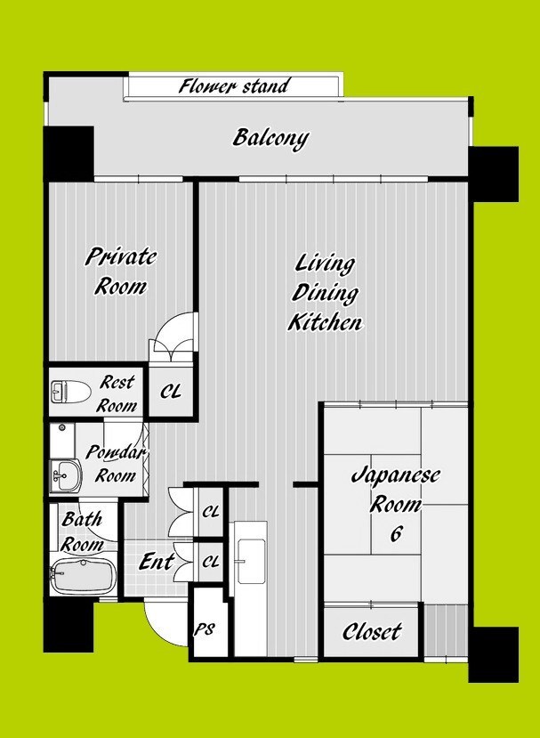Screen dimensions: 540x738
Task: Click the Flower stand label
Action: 233,86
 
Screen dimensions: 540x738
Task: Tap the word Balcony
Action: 271,138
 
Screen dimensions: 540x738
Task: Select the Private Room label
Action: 121,272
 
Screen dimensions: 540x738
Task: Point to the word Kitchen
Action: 325,323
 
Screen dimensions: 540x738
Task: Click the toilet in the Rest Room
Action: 70,392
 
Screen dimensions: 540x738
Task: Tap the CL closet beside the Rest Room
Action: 171,391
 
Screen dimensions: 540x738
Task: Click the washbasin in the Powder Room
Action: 65,476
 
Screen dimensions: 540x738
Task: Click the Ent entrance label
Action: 157,562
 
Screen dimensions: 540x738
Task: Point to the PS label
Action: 206,629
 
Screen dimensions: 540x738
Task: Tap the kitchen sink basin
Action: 251,561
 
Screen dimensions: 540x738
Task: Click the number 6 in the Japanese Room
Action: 396,534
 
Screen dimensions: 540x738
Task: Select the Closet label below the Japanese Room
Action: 372,632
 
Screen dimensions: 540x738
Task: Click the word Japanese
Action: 396,474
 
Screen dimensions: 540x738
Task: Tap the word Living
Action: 325,264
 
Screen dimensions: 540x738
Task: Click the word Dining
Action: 325,293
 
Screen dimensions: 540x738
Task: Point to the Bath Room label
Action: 83,532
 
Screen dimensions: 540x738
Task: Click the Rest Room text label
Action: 117,393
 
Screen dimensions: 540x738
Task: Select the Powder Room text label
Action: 117,464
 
